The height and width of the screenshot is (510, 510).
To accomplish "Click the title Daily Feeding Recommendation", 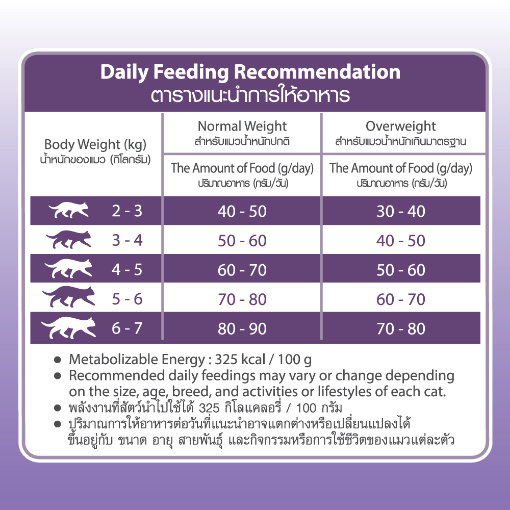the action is pyautogui.click(x=250, y=72).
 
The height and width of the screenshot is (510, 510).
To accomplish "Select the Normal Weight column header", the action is pyautogui.click(x=242, y=126).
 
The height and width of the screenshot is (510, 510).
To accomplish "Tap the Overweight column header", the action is pyautogui.click(x=400, y=126).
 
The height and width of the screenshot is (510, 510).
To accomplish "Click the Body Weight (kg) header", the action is pyautogui.click(x=95, y=144).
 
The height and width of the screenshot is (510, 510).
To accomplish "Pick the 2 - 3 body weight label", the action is pyautogui.click(x=127, y=211).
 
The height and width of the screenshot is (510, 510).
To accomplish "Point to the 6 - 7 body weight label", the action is pyautogui.click(x=127, y=328).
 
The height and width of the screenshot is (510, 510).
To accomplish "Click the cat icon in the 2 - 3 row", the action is pyautogui.click(x=69, y=210).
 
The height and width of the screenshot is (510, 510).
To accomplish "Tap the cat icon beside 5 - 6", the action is pyautogui.click(x=69, y=296).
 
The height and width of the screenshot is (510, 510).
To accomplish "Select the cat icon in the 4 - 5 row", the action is pyautogui.click(x=69, y=268).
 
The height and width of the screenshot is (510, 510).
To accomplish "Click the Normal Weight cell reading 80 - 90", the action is pyautogui.click(x=242, y=329).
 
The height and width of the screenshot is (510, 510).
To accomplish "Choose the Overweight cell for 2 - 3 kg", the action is pyautogui.click(x=401, y=212).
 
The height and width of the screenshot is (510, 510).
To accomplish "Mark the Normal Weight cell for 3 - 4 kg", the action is pyautogui.click(x=242, y=241).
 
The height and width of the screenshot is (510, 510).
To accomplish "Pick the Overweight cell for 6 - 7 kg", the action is pyautogui.click(x=401, y=329).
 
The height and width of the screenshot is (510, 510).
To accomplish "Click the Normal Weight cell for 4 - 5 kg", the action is pyautogui.click(x=242, y=270).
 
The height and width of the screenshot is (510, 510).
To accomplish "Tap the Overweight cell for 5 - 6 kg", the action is pyautogui.click(x=401, y=299).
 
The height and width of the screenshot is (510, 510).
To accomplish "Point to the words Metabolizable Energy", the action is pyautogui.click(x=137, y=360).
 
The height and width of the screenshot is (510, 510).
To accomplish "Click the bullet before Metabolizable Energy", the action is pyautogui.click(x=58, y=360).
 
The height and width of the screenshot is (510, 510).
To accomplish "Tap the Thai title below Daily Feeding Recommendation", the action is pyautogui.click(x=250, y=95).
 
